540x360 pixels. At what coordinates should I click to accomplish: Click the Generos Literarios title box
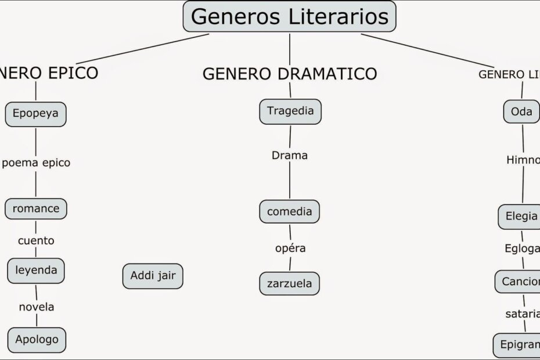pyautogui.click(x=289, y=16)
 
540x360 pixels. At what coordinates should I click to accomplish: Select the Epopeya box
pyautogui.click(x=35, y=113)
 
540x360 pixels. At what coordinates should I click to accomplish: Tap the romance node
pyautogui.click(x=36, y=208)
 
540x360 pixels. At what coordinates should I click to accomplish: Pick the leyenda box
pyautogui.click(x=36, y=269)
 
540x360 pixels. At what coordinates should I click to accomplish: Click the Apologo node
pyautogui.click(x=37, y=339)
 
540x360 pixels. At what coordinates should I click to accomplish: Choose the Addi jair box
pyautogui.click(x=153, y=276)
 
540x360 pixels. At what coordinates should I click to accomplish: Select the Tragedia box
pyautogui.click(x=290, y=111)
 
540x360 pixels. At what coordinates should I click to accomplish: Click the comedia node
pyautogui.click(x=289, y=212)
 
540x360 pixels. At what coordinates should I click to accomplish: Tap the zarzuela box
pyautogui.click(x=289, y=283)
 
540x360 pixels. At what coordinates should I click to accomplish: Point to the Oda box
pyautogui.click(x=521, y=111)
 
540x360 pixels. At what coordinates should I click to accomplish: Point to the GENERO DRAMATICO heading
pyautogui.click(x=289, y=74)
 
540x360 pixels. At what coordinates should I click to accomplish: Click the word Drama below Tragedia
pyautogui.click(x=289, y=156)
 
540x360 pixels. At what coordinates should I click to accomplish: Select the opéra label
pyautogui.click(x=290, y=249)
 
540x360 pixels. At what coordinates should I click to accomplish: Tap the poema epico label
pyautogui.click(x=36, y=163)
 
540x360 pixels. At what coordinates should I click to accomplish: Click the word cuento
pyautogui.click(x=36, y=240)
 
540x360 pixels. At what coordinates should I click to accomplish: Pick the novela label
pyautogui.click(x=37, y=307)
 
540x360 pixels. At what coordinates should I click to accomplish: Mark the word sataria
pyautogui.click(x=522, y=314)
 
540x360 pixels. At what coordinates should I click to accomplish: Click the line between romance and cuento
pyautogui.click(x=36, y=226)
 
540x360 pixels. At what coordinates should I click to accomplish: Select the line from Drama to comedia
pyautogui.click(x=290, y=181)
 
